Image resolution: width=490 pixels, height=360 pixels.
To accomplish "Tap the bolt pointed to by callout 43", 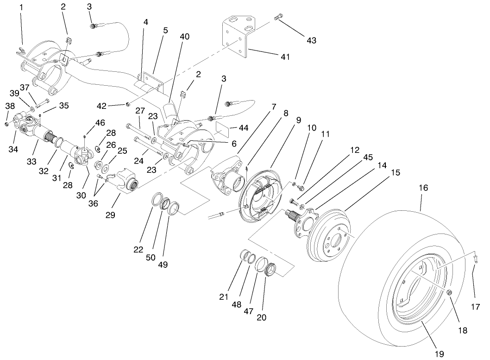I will [278, 17].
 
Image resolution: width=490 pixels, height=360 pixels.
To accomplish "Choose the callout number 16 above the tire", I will [423, 189].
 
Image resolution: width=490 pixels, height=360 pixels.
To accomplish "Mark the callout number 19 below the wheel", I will [439, 354].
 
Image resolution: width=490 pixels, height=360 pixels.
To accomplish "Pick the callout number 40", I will [185, 37].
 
